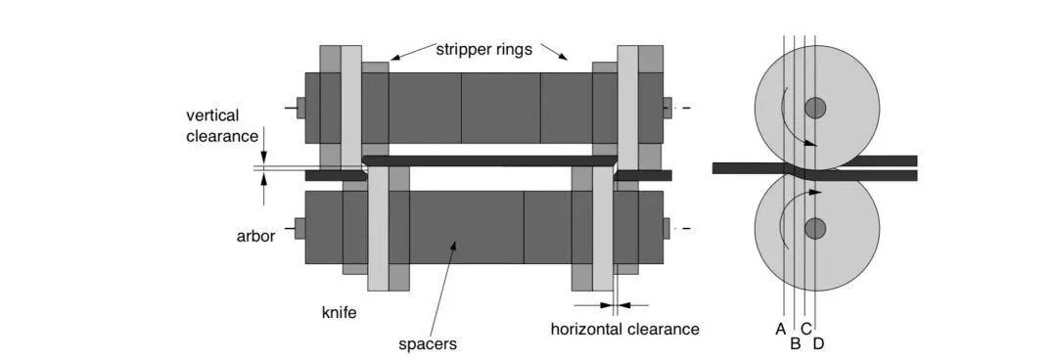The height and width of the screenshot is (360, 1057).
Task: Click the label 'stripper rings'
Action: coord(483,49)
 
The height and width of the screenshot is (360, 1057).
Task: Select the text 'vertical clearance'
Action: coord(222,125)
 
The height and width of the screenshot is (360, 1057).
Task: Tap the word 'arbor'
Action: coord(255,237)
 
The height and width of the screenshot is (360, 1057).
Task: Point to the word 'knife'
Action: coord(339,313)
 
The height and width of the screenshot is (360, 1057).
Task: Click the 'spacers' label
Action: coord(428,343)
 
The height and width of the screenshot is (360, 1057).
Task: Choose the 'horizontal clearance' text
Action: coord(624,330)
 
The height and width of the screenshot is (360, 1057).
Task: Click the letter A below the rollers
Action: coord(781,329)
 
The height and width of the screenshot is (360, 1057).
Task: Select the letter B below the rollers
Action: coord(796,344)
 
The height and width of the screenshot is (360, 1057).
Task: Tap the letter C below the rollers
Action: coord(806,329)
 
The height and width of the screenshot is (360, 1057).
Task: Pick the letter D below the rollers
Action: coord(818,344)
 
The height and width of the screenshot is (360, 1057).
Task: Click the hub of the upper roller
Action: coord(815,108)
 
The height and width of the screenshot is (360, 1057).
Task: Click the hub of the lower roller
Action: coord(815,229)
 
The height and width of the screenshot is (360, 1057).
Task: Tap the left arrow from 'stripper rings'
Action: coord(413,51)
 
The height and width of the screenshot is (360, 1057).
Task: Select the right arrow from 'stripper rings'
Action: coord(554,51)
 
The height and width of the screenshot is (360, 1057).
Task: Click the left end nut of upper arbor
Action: coord(300,108)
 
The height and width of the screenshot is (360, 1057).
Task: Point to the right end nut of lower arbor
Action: coord(666,229)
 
